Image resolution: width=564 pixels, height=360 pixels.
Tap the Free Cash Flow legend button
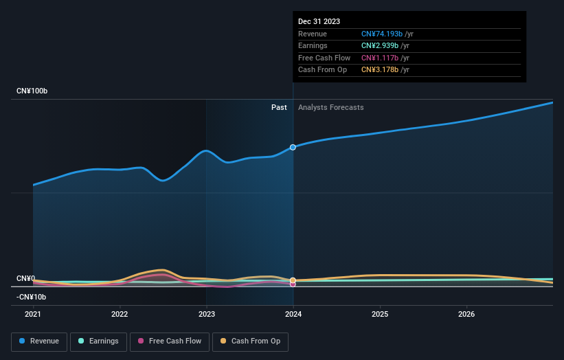(168, 341)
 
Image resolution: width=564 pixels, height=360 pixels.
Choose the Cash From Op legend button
(250, 341)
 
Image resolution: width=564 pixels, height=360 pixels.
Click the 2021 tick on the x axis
(33, 315)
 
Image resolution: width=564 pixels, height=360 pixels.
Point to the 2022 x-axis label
(120, 315)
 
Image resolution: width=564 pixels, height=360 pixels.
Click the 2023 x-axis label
(207, 315)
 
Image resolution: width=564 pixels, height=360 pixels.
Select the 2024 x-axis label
(293, 315)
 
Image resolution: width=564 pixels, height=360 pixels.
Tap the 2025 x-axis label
(380, 315)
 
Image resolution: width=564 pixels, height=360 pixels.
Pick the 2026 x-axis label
(466, 315)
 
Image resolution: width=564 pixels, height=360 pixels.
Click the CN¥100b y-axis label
(32, 91)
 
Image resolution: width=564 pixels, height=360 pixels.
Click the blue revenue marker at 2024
(293, 147)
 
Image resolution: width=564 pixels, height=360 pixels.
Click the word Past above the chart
(279, 107)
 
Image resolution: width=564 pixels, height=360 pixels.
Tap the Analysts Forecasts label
(330, 107)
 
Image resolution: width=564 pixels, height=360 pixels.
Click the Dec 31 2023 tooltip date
(319, 21)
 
